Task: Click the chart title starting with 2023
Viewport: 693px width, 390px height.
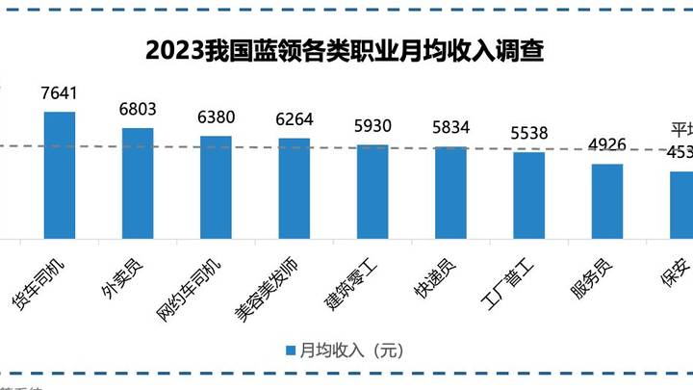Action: pyautogui.click(x=345, y=50)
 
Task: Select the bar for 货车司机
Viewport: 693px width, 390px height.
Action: pyautogui.click(x=60, y=175)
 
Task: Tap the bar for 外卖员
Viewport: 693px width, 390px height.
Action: pyautogui.click(x=138, y=183)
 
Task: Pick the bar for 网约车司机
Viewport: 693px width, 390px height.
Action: pyautogui.click(x=216, y=187)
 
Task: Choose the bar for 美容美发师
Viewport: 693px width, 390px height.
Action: pyautogui.click(x=294, y=188)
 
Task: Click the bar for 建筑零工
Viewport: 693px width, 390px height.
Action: pyautogui.click(x=372, y=192)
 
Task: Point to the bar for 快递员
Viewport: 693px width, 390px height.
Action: pyautogui.click(x=450, y=193)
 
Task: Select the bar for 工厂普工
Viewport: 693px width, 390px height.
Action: pyautogui.click(x=528, y=195)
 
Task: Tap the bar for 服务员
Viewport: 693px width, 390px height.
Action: pyautogui.click(x=606, y=201)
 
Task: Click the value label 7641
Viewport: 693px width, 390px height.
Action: pyautogui.click(x=60, y=93)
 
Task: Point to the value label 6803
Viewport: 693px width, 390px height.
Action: pyautogui.click(x=138, y=110)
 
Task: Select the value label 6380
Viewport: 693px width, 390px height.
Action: pyautogui.click(x=216, y=117)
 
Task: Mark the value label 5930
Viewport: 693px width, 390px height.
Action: pyautogui.click(x=372, y=126)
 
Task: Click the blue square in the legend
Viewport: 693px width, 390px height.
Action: pyautogui.click(x=291, y=351)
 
